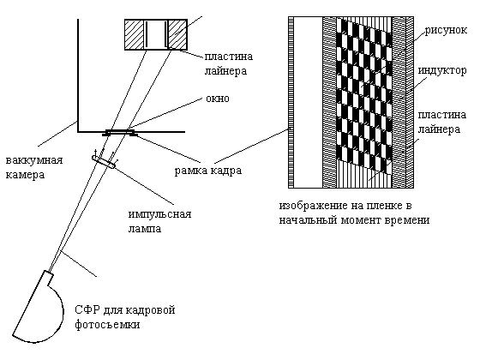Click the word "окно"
[218, 99]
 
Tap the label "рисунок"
[446, 30]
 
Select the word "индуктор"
[442, 70]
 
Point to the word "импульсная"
[159, 214]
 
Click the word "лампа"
[145, 229]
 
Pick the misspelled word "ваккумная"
[34, 160]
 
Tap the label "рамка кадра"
[208, 171]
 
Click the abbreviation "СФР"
[87, 310]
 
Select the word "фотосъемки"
[107, 325]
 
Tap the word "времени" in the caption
[408, 220]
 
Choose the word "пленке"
[385, 206]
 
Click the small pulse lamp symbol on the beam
[104, 162]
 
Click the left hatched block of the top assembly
[134, 34]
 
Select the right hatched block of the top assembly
[177, 34]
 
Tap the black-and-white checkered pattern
[364, 95]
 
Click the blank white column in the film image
[309, 102]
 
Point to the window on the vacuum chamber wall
[120, 131]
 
